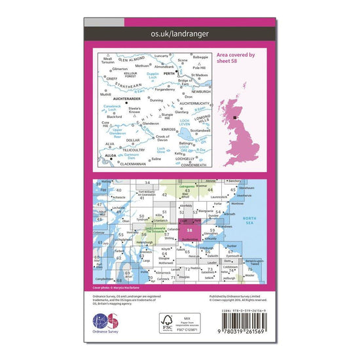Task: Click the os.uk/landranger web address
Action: (x=179, y=32)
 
